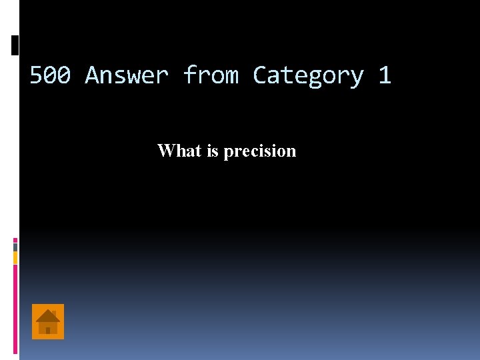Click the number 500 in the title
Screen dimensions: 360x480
click(51, 75)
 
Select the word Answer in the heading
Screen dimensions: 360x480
click(127, 75)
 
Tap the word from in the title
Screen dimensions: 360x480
click(211, 75)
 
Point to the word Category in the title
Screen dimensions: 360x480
click(308, 76)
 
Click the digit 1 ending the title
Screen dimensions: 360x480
click(384, 75)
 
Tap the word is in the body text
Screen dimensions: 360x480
click(213, 151)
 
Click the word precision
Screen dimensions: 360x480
click(259, 151)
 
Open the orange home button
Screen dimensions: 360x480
click(48, 321)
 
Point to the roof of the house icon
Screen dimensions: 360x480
click(48, 315)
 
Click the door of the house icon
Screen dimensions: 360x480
click(48, 329)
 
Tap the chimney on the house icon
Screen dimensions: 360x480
click(54, 312)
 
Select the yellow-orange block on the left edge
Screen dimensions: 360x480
click(15, 257)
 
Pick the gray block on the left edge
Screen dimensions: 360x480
click(15, 247)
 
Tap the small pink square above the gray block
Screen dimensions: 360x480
click(15, 240)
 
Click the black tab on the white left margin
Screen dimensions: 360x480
click(15, 45)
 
